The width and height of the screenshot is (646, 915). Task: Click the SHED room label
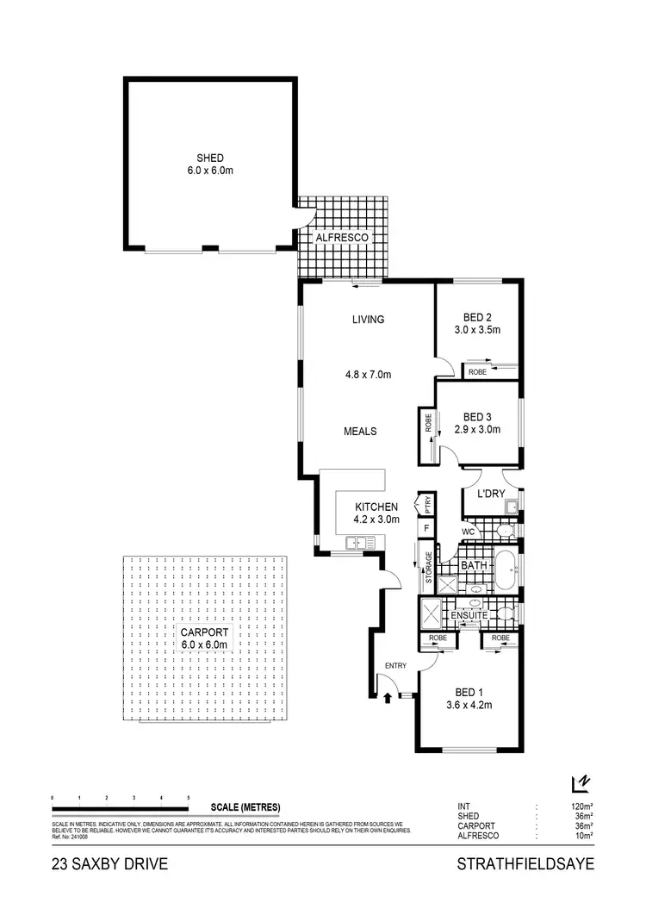coord(210,158)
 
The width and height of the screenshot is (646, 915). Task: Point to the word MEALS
coord(361,431)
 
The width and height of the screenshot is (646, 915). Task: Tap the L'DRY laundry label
coord(479,495)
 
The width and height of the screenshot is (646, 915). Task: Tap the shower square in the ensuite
coord(431,614)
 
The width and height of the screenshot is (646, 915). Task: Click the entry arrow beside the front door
coord(387,695)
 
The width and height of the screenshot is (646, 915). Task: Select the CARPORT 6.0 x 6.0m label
coord(203,638)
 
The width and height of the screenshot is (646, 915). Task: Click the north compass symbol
coord(581,782)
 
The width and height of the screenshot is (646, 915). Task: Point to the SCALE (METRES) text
coord(245,807)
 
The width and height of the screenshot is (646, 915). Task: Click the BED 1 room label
coord(469,691)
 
